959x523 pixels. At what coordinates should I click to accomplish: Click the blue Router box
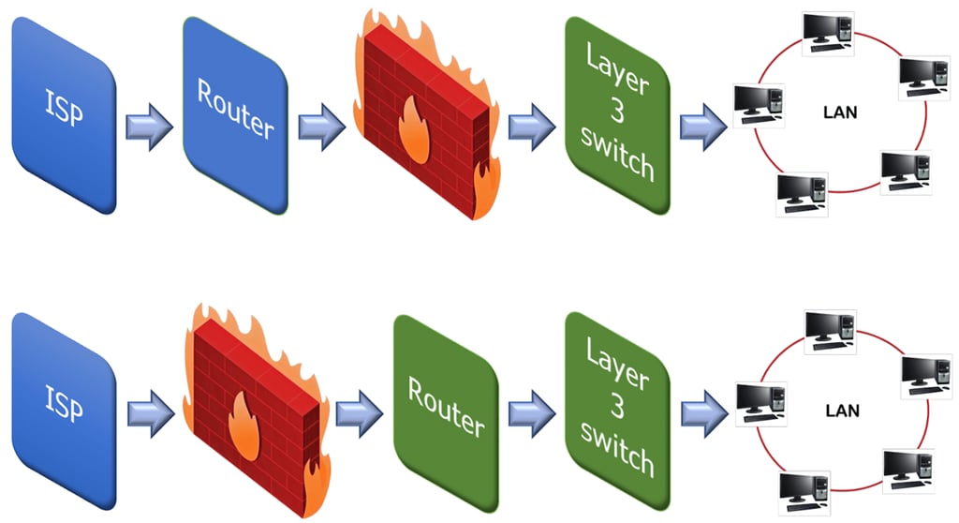[234, 114]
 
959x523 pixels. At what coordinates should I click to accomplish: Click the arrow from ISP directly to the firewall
[150, 410]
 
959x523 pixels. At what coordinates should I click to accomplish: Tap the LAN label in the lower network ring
[843, 411]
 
